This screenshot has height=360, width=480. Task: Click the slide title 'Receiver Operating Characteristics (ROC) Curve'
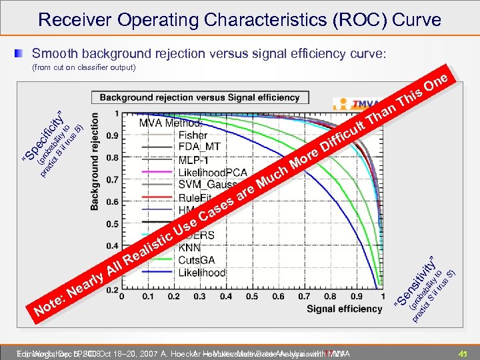click(239, 19)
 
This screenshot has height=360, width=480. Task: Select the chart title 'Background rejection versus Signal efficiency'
click(199, 97)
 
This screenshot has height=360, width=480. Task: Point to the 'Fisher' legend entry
click(193, 135)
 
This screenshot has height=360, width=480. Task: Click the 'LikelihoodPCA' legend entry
click(213, 173)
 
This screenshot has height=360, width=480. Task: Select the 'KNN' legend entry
click(190, 247)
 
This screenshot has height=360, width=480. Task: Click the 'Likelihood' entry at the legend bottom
click(202, 273)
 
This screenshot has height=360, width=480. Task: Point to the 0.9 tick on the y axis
click(113, 135)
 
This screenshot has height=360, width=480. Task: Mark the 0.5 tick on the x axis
click(252, 296)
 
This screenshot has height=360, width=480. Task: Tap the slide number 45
click(463, 353)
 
